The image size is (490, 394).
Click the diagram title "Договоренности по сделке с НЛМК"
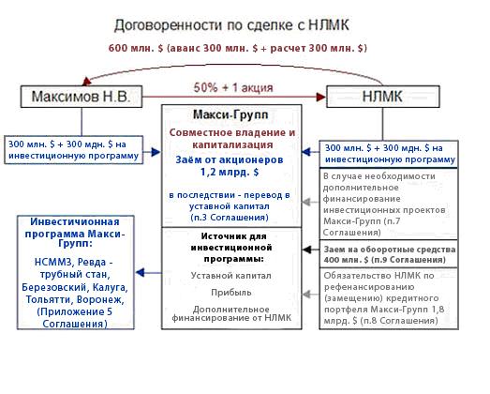click(x=231, y=25)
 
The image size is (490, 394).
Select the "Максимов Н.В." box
click(x=82, y=97)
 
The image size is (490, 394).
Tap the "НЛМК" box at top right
click(x=383, y=97)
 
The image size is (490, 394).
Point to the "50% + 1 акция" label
click(x=233, y=87)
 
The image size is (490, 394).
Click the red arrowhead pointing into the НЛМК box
click(x=321, y=97)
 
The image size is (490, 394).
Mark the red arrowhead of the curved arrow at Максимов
click(x=86, y=82)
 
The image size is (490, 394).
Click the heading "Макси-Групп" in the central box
click(x=230, y=114)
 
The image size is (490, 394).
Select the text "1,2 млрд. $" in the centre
click(x=230, y=172)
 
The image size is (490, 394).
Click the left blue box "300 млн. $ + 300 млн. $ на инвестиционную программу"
click(x=74, y=150)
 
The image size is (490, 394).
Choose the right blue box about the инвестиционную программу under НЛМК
click(x=389, y=154)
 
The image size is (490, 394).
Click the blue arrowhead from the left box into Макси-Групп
click(x=156, y=152)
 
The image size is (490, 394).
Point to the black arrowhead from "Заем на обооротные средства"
click(x=307, y=250)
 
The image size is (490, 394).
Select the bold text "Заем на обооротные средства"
click(x=390, y=250)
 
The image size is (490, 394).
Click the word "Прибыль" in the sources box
click(x=231, y=293)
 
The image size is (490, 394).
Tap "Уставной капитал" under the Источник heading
click(x=230, y=276)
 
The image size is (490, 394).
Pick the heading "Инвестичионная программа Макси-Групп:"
click(x=75, y=233)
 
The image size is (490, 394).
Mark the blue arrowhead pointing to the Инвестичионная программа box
click(x=141, y=273)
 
